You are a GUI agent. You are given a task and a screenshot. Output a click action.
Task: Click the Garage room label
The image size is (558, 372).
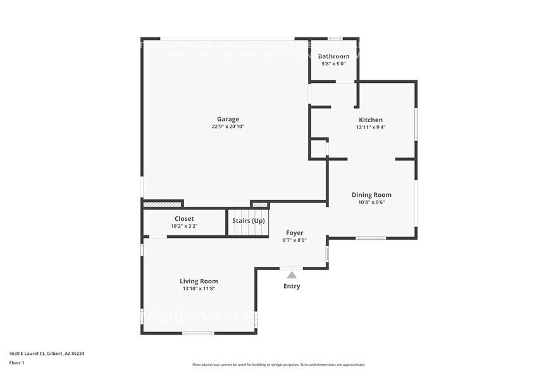click(228, 119)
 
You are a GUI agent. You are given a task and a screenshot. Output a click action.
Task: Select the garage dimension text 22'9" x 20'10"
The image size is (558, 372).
click(228, 127)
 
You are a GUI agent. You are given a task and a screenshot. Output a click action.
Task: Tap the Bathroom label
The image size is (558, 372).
click(333, 56)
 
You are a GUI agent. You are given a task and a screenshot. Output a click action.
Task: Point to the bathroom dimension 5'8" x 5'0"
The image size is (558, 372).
click(333, 64)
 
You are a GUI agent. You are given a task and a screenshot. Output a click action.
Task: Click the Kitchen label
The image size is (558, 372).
click(371, 120)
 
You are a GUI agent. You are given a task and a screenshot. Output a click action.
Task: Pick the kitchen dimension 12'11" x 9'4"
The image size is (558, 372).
click(371, 127)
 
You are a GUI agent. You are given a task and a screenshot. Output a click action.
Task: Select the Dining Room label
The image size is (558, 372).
click(371, 195)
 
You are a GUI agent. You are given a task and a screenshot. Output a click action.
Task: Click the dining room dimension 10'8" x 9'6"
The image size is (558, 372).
click(371, 202)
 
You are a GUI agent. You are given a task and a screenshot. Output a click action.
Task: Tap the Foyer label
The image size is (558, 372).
click(294, 233)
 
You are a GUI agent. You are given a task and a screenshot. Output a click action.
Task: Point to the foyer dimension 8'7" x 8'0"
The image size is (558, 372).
click(294, 240)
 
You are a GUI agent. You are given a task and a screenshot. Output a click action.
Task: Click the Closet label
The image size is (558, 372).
click(184, 218)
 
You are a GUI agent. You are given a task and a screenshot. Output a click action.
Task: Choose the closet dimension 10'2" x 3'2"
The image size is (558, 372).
click(184, 226)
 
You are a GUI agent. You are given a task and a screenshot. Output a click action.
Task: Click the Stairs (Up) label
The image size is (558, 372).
click(249, 220)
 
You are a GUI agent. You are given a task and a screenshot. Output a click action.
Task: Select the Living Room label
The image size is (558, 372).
click(199, 281)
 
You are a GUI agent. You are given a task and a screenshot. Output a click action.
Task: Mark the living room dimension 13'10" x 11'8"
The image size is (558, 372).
click(199, 288)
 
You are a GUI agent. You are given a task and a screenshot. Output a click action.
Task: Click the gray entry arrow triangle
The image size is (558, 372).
click(292, 275)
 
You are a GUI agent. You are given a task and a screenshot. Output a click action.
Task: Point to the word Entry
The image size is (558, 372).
click(292, 286)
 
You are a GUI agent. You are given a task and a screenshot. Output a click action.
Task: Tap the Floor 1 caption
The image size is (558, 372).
click(16, 363)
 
